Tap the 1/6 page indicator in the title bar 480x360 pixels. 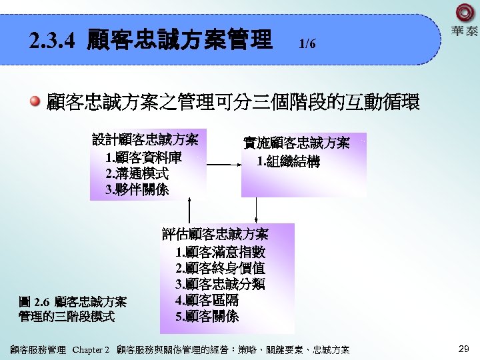307,44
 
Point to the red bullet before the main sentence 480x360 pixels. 35,102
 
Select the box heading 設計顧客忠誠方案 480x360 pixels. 145,140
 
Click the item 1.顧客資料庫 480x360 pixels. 143,158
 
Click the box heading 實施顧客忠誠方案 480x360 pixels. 297,143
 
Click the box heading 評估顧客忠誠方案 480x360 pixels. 215,235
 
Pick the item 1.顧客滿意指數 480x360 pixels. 220,252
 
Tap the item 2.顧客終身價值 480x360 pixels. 220,268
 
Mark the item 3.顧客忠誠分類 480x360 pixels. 220,284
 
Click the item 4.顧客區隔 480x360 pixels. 207,300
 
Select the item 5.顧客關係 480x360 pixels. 207,316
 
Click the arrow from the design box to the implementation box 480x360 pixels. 223,164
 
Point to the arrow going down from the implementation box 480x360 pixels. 257,209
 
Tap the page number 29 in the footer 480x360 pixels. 464,349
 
